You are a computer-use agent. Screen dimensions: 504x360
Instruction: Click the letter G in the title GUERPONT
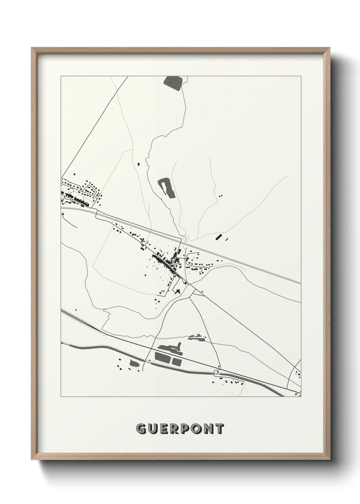pyautogui.click(x=141, y=429)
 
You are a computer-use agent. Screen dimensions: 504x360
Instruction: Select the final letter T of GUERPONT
pyautogui.click(x=219, y=429)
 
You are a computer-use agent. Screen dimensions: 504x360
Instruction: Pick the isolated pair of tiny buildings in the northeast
pyautogui.click(x=221, y=196)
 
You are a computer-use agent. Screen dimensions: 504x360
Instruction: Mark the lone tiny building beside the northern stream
pyautogui.click(x=138, y=164)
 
